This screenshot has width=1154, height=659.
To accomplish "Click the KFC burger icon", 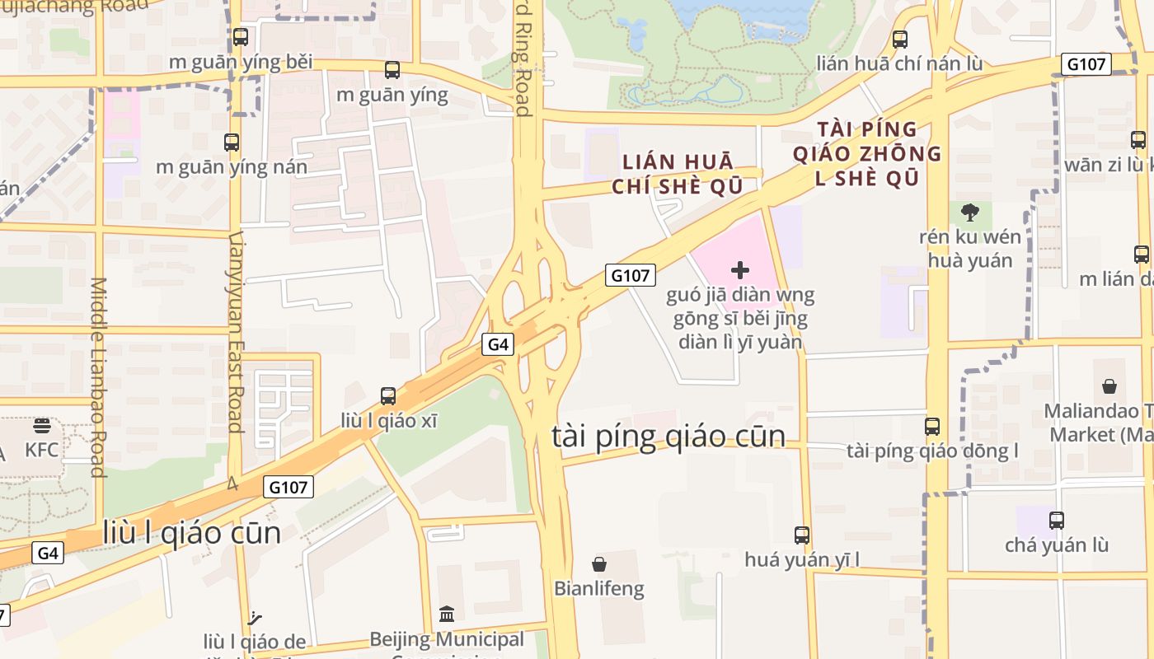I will pyautogui.click(x=42, y=426).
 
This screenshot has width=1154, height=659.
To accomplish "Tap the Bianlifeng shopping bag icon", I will pyautogui.click(x=599, y=564).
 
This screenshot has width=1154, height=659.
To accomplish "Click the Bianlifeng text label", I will pyautogui.click(x=599, y=589).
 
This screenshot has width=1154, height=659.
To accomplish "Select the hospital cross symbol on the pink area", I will pyautogui.click(x=740, y=269).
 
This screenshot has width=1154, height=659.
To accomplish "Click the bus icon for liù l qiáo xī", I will pyautogui.click(x=388, y=396).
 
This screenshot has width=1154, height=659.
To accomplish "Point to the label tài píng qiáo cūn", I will pyautogui.click(x=668, y=436).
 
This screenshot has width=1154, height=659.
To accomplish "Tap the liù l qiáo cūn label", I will pyautogui.click(x=192, y=533).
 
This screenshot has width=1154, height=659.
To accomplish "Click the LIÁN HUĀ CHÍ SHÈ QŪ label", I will pyautogui.click(x=677, y=174).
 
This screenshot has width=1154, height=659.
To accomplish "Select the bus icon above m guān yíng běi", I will pyautogui.click(x=241, y=37).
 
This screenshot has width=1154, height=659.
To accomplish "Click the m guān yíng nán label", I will pyautogui.click(x=232, y=167).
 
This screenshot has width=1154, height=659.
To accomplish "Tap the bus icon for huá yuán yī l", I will pyautogui.click(x=802, y=535).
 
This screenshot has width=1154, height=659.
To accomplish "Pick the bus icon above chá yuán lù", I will pyautogui.click(x=1057, y=521).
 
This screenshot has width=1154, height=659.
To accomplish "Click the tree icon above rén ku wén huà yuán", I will pyautogui.click(x=970, y=213).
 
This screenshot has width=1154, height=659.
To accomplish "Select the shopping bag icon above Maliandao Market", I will pyautogui.click(x=1109, y=386).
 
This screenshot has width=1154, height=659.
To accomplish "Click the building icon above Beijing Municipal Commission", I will pyautogui.click(x=447, y=614).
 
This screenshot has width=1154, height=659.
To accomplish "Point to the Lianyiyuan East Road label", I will pyautogui.click(x=236, y=331).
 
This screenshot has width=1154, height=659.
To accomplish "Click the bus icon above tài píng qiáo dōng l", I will pyautogui.click(x=932, y=427).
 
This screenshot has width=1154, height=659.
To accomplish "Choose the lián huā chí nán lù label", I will pyautogui.click(x=899, y=63).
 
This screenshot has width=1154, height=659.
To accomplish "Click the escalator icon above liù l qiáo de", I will pyautogui.click(x=255, y=617).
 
